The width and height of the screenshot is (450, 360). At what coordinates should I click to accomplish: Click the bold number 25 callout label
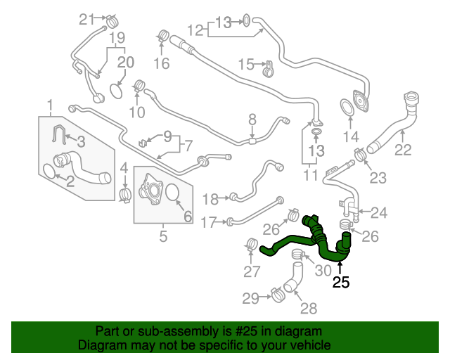(x=341, y=283)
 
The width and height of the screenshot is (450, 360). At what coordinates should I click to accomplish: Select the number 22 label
(x=402, y=149)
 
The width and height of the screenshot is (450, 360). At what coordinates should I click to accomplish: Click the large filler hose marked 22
(x=394, y=127)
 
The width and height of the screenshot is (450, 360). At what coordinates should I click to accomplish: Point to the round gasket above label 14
(x=347, y=108)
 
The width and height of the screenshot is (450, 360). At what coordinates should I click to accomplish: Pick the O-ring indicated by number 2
(x=50, y=172)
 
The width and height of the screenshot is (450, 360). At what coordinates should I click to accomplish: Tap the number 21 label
(x=86, y=18)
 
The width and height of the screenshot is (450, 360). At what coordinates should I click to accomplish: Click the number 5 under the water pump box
(x=163, y=237)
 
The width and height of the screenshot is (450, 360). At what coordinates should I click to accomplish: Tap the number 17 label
(x=209, y=223)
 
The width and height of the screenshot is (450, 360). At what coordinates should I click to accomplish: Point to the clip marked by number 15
(x=267, y=68)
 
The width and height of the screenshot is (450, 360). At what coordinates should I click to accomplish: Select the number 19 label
(x=117, y=37)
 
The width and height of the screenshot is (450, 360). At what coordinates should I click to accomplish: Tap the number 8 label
(x=252, y=120)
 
